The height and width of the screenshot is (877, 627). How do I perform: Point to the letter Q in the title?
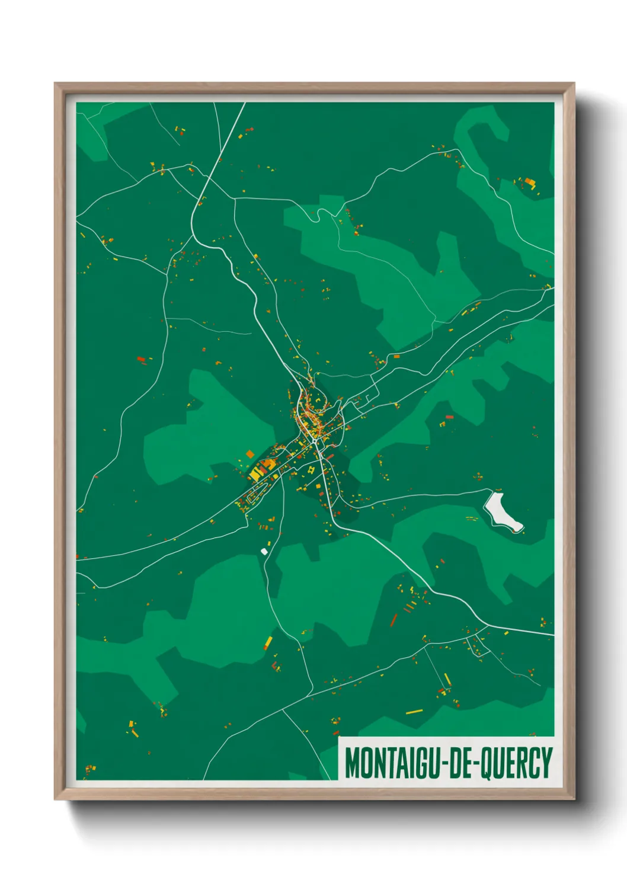[x=485, y=763]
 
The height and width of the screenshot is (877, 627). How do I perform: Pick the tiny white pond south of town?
[x=264, y=551]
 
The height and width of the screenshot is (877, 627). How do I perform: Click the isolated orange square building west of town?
[x=250, y=454]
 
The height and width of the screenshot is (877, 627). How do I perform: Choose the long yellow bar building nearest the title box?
[x=414, y=711]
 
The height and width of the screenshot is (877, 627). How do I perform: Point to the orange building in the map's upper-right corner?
[x=529, y=181]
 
